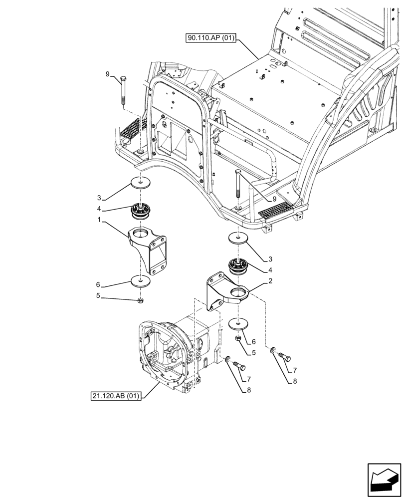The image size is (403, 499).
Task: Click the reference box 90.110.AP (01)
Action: click(212, 38)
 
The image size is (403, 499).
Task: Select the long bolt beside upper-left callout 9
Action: click(123, 90)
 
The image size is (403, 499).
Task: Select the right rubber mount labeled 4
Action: click(240, 267)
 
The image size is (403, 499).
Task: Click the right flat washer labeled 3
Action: click(239, 238)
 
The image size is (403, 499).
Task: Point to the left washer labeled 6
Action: click(142, 281)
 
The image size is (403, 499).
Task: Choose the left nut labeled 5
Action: click(141, 300)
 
